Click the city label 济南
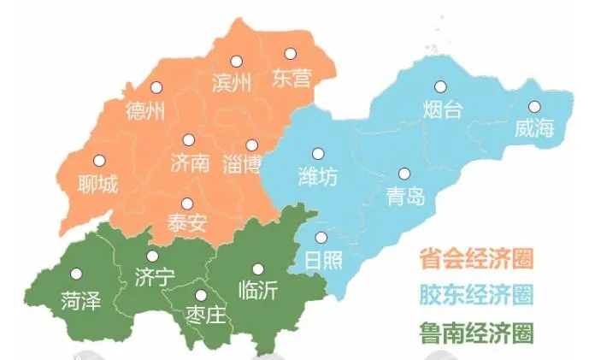189,162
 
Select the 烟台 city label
443,109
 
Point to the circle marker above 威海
534,107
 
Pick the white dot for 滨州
235,61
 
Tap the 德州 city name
144,111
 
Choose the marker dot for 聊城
99,160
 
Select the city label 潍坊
317,177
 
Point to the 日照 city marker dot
321,238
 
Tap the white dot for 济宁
152,256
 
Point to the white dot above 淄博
251,145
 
